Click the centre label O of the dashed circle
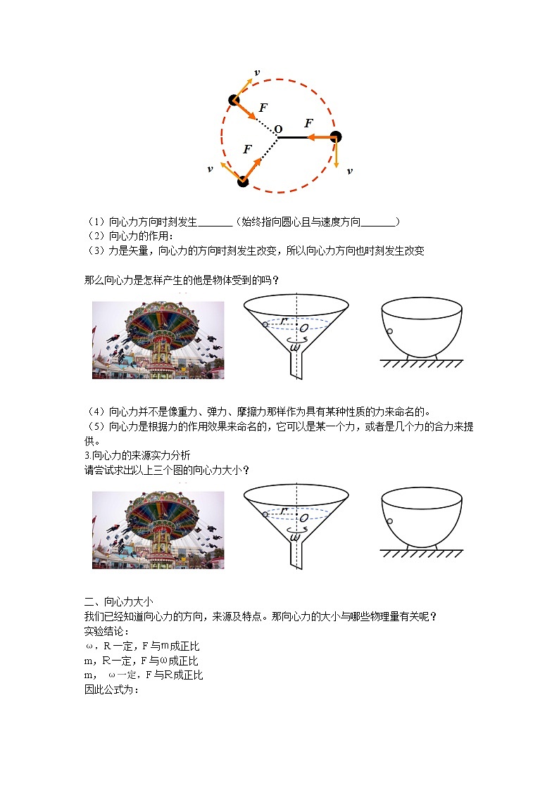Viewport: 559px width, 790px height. (x=278, y=129)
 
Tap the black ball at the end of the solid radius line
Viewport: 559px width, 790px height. (x=336, y=137)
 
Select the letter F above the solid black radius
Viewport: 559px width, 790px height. (x=308, y=124)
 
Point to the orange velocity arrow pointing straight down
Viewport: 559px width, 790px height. (x=336, y=155)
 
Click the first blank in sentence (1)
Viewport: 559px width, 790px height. (x=215, y=222)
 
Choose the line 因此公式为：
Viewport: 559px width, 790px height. (x=111, y=689)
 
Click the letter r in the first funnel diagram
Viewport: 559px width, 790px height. (x=283, y=321)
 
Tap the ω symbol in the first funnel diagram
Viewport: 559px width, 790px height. (x=296, y=345)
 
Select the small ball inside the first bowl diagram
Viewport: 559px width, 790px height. (x=389, y=332)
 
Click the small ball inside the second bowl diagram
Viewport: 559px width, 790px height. (x=389, y=521)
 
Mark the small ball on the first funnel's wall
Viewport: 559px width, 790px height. (x=265, y=324)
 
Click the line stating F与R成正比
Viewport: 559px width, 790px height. (x=144, y=675)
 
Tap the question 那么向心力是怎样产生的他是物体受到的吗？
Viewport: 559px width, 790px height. (x=182, y=280)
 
